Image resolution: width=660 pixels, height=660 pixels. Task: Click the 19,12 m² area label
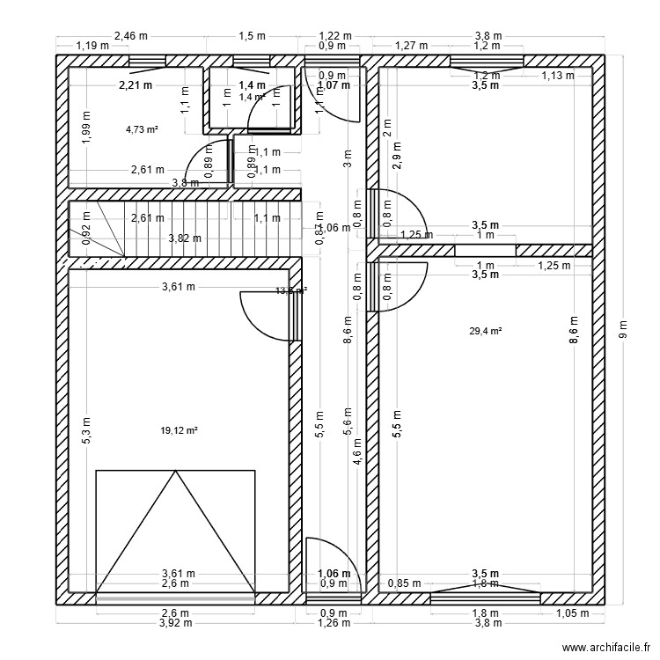point(179,430)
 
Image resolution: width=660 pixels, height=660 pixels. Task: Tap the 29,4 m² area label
point(485,331)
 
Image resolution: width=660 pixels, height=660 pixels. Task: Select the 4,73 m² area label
point(142,128)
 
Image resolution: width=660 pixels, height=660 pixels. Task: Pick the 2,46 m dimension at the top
point(130,36)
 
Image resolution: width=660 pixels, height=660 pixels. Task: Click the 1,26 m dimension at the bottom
point(334,624)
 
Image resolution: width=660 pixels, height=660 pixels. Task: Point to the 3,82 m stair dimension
point(185,238)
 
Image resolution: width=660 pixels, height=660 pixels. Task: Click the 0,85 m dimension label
point(405,583)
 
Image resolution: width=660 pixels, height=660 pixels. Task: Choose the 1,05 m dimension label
point(572,614)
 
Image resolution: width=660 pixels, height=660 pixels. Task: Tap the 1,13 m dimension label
point(557,76)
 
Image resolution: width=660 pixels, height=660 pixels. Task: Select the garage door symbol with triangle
point(176,532)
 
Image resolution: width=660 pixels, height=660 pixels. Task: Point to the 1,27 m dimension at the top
point(411,45)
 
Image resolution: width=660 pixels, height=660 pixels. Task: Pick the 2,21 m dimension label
point(136,85)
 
